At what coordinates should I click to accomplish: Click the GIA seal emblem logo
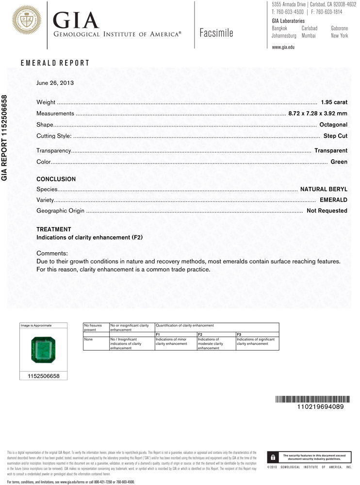26,20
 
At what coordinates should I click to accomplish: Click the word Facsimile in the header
216,33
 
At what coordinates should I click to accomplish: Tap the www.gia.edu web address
283,47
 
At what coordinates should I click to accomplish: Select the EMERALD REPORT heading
55,63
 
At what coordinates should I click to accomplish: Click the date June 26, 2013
55,83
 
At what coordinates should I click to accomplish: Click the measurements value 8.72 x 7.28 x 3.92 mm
317,113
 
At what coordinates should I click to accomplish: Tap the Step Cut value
335,136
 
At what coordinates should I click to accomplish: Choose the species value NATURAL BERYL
324,189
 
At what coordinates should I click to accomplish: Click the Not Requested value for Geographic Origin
327,210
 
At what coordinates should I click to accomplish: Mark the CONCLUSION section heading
56,179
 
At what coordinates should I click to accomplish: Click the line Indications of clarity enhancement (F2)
90,238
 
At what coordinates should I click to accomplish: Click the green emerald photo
43,350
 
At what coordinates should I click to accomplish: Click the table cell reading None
88,339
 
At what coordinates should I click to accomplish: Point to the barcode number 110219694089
320,406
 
